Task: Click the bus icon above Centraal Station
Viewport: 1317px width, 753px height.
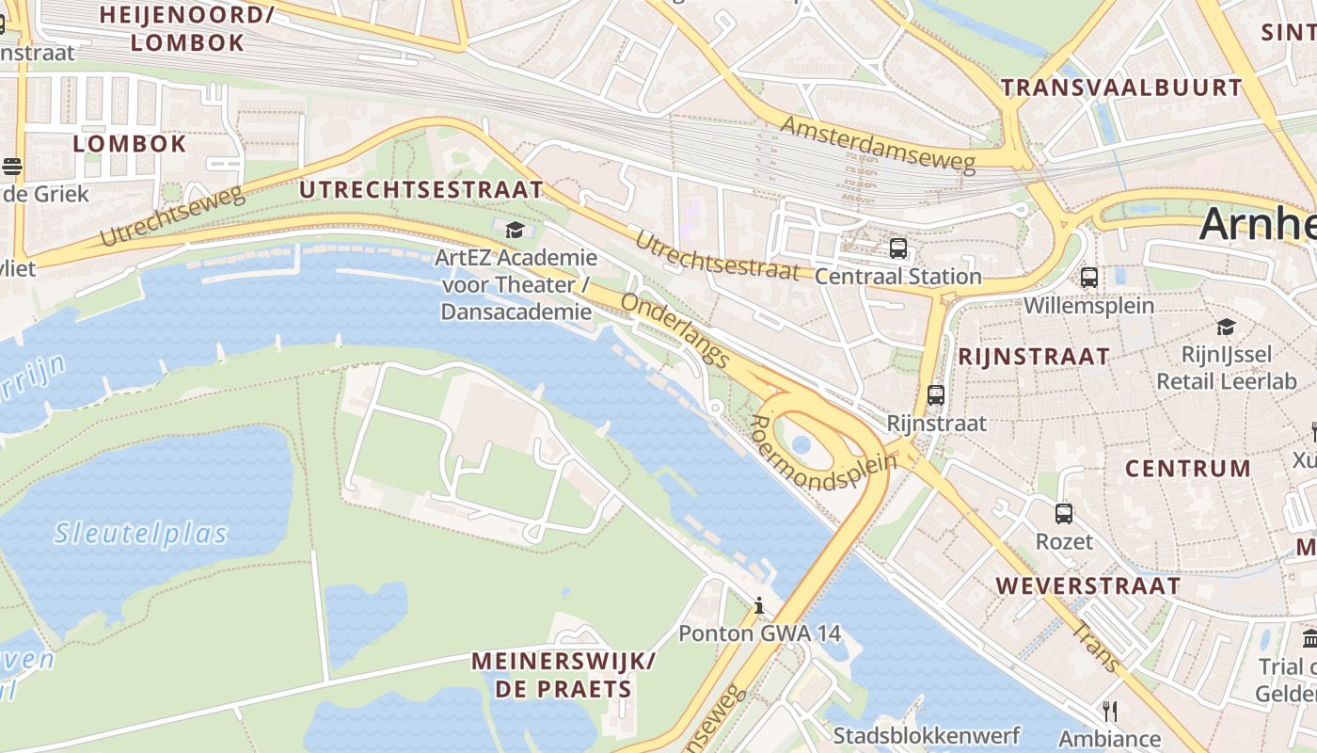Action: pos(898,248)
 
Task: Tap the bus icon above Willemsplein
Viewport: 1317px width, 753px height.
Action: pos(1089,278)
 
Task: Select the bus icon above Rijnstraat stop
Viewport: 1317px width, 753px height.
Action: pos(936,395)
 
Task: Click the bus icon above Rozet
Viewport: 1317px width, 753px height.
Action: pos(1064,514)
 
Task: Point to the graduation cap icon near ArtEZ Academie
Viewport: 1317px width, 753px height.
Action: pos(515,230)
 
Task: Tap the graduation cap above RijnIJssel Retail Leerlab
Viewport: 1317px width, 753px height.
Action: pos(1226,327)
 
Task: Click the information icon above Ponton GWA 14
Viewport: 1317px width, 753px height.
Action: pos(759,605)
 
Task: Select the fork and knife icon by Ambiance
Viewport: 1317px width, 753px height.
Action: pos(1110,711)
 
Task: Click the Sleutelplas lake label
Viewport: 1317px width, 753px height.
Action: pos(141,535)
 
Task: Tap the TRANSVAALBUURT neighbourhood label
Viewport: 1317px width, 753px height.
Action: pos(1121,88)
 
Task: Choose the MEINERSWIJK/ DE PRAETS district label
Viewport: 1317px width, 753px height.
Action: pos(563,674)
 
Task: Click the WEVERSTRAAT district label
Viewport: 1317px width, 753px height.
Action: pos(1088,585)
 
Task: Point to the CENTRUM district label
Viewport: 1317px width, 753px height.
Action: pos(1188,468)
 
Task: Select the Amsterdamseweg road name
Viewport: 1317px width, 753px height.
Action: pos(878,144)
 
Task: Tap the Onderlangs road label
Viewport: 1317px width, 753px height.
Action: pos(675,330)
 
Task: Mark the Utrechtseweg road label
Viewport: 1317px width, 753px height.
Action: pos(170,216)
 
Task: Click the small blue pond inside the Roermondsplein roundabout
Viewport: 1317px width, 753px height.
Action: pos(801,444)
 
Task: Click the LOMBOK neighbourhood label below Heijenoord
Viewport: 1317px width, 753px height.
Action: pos(130,144)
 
